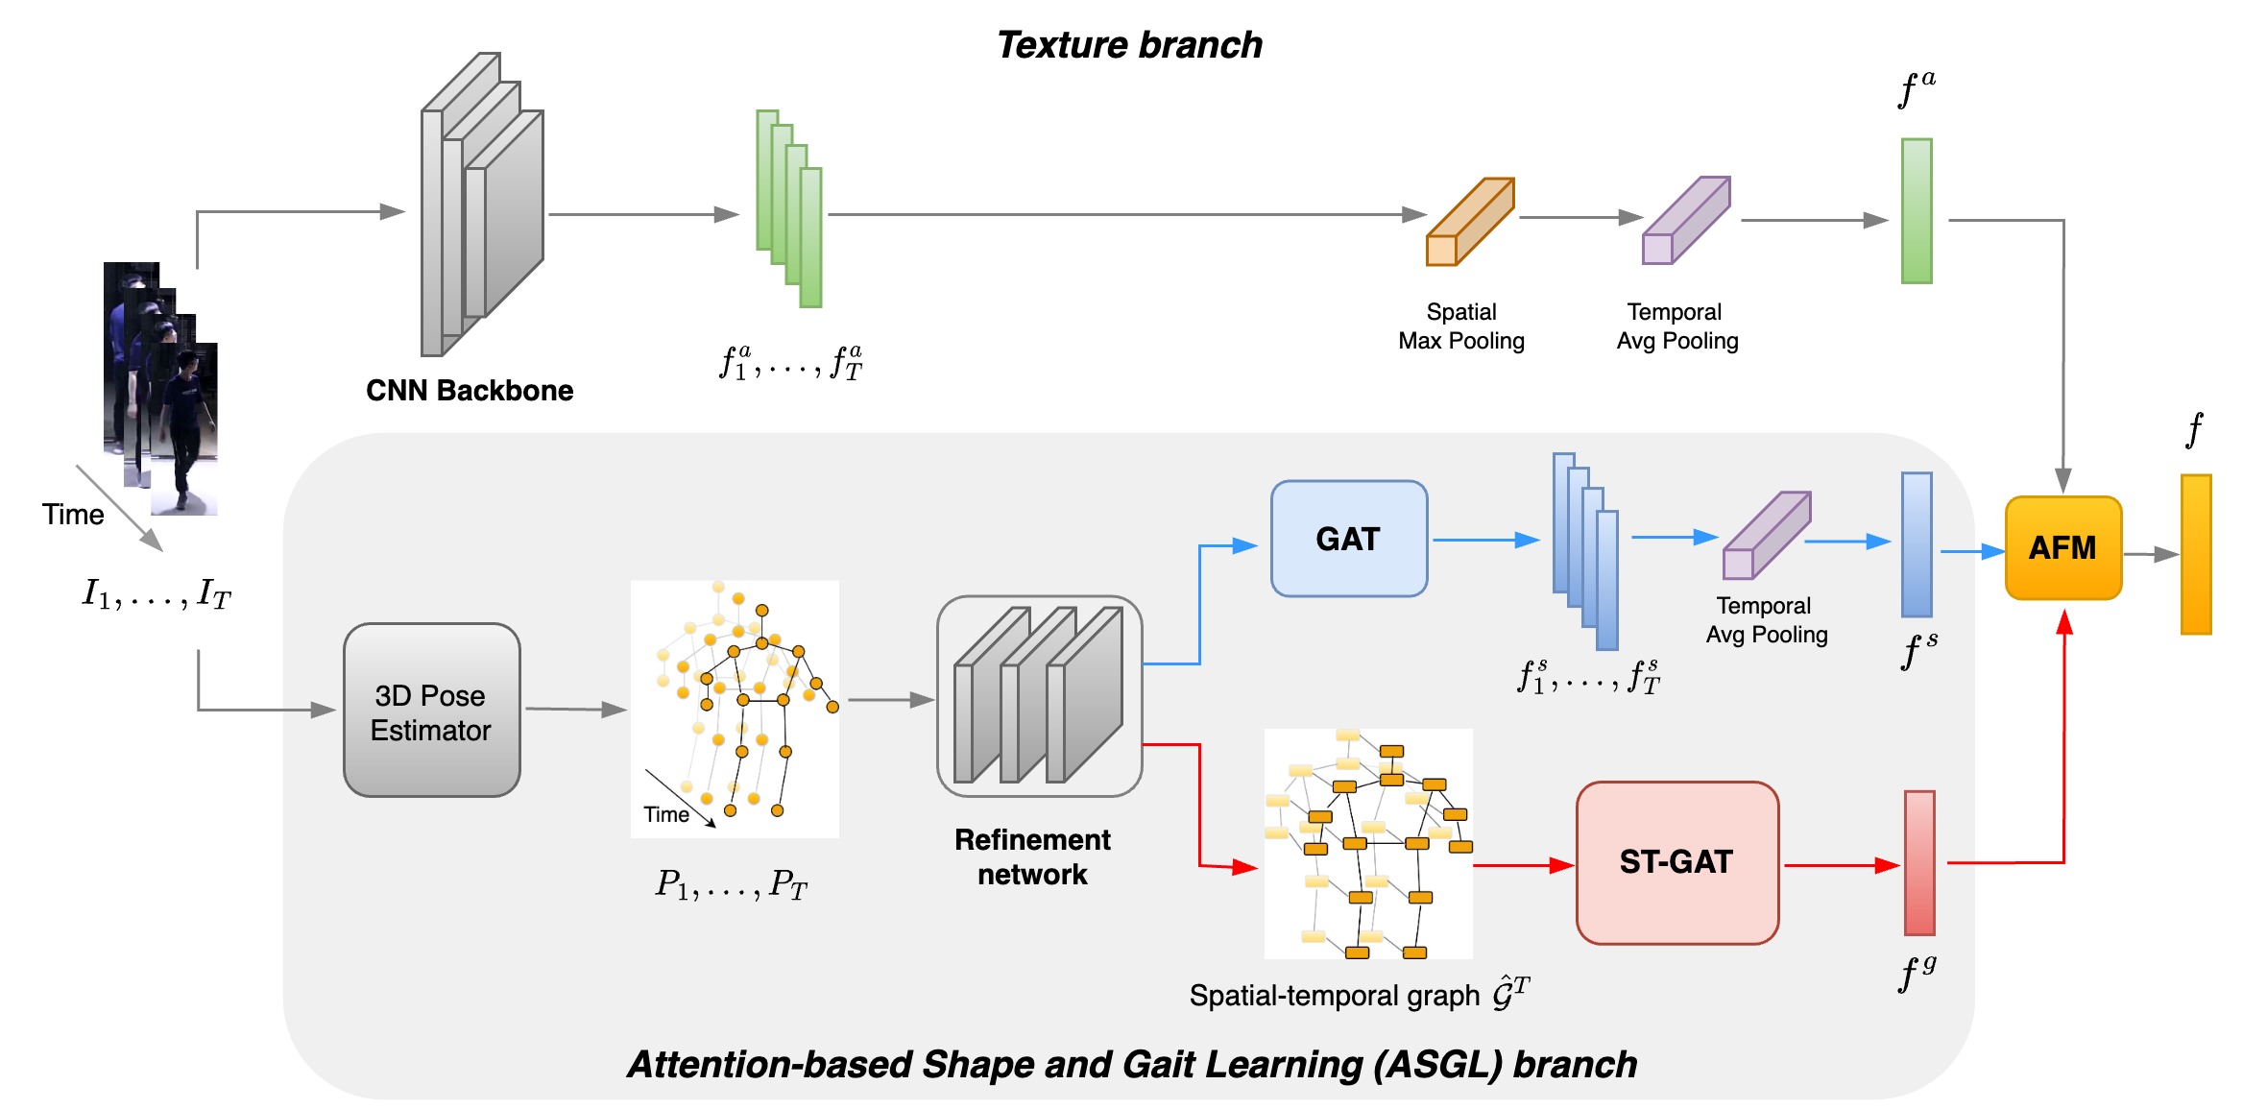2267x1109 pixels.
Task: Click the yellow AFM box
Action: tap(2062, 547)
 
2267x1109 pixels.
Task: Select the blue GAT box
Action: tap(1349, 539)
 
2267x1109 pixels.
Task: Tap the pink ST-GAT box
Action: tap(1677, 862)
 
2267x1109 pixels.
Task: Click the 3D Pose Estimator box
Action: tap(431, 711)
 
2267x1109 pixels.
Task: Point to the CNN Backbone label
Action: tap(470, 391)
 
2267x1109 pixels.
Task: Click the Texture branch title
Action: tap(1129, 45)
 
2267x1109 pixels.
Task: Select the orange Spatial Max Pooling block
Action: tap(1470, 221)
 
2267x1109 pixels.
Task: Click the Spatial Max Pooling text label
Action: tap(1461, 326)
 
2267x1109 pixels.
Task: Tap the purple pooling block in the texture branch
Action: tap(1686, 220)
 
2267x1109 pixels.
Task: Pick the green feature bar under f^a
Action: tap(1917, 211)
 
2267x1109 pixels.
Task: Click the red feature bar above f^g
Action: tap(1919, 862)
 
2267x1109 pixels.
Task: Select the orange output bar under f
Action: tap(2196, 554)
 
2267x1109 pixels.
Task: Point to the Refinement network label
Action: tap(1032, 856)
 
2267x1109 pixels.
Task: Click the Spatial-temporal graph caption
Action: tap(1359, 994)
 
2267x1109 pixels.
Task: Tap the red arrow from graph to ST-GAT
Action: tap(1524, 865)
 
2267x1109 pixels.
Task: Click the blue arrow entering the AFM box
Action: tap(1972, 552)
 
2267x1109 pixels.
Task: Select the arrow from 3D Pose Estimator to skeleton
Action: tap(576, 710)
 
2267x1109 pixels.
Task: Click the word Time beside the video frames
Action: tap(73, 515)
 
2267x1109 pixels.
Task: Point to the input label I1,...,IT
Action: tap(157, 593)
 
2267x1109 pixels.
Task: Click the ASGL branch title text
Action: tap(1132, 1065)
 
